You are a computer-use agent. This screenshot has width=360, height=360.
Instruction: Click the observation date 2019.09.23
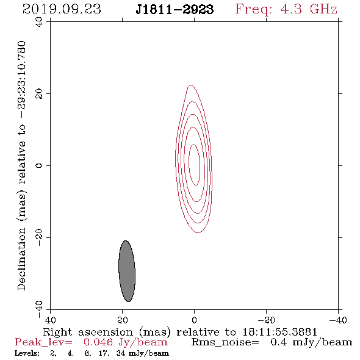pyautogui.click(x=62, y=9)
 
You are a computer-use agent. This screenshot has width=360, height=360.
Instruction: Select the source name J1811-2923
pyautogui.click(x=175, y=10)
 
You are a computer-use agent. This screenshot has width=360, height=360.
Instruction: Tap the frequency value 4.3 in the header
pyautogui.click(x=291, y=9)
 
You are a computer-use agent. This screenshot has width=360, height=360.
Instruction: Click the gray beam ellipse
pyautogui.click(x=127, y=271)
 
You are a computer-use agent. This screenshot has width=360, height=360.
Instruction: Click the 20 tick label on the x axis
pyautogui.click(x=122, y=320)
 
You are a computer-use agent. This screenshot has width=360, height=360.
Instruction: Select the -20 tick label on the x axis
pyautogui.click(x=266, y=320)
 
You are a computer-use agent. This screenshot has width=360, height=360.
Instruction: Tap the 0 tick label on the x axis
pyautogui.click(x=194, y=320)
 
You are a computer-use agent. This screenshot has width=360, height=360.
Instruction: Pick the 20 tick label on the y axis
pyautogui.click(x=39, y=94)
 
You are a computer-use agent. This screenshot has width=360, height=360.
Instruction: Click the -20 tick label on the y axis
pyautogui.click(x=39, y=237)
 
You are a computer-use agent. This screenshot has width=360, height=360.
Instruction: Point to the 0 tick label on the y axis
pyautogui.click(x=39, y=165)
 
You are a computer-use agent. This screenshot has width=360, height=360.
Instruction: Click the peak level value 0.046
pyautogui.click(x=98, y=342)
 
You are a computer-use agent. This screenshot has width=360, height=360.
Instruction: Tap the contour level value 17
pyautogui.click(x=102, y=353)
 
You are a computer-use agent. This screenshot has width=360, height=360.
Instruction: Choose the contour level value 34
pyautogui.click(x=121, y=353)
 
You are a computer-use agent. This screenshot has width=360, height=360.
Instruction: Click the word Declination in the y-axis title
pyautogui.click(x=21, y=259)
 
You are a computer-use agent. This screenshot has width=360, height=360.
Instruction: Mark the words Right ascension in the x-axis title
pyautogui.click(x=88, y=332)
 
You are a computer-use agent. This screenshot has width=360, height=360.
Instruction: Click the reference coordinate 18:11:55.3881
pyautogui.click(x=279, y=332)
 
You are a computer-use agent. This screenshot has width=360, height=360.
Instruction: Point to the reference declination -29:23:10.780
pyautogui.click(x=21, y=79)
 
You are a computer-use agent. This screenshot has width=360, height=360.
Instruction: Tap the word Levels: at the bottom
pyautogui.click(x=27, y=353)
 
